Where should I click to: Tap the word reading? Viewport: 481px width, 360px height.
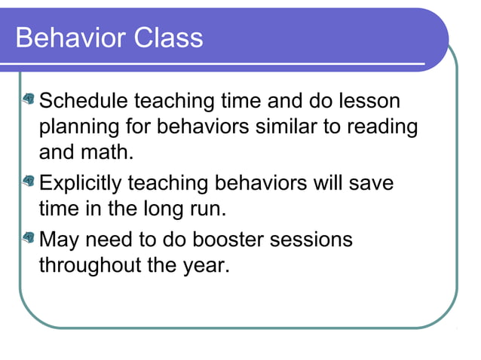click(x=381, y=126)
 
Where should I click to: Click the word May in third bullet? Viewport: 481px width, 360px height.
click(x=58, y=241)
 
